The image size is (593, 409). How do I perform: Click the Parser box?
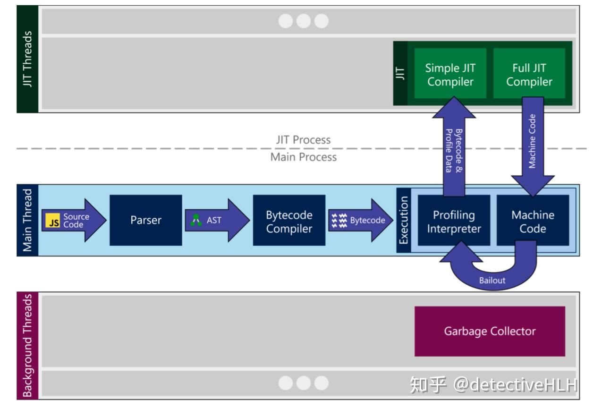[146, 220]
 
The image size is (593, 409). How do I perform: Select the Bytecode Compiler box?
[289, 220]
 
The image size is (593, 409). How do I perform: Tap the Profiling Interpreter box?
[454, 220]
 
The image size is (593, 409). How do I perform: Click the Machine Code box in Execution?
[533, 220]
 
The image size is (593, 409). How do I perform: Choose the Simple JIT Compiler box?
[450, 73]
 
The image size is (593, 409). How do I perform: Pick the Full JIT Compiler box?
[529, 73]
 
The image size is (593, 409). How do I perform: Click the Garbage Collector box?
[490, 331]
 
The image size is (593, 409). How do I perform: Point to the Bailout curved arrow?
[492, 281]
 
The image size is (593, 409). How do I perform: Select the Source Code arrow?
[74, 220]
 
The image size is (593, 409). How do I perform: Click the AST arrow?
[217, 220]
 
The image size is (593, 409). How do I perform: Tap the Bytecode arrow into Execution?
[361, 220]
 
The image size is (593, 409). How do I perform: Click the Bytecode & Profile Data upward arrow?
[454, 146]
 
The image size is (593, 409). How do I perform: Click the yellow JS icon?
[53, 221]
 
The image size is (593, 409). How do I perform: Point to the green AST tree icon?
[196, 220]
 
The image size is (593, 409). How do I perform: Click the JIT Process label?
[304, 140]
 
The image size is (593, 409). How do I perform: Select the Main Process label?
[304, 157]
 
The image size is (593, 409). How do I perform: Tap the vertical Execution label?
[404, 220]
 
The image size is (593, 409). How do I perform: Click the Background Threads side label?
[27, 345]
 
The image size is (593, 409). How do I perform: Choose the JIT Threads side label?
[27, 59]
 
